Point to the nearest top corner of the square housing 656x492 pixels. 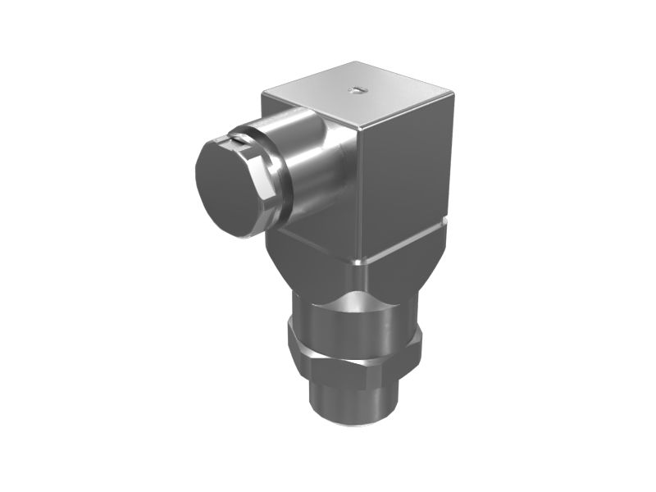pos(362,129)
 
